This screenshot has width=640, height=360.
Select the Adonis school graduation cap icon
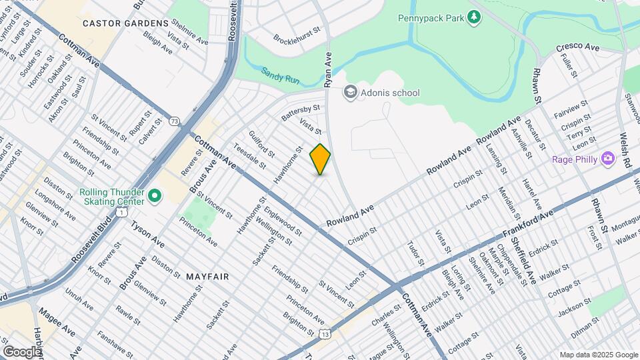click(x=350, y=93)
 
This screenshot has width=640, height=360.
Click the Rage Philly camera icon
click(x=607, y=159)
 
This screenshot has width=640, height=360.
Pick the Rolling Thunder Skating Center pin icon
click(x=154, y=196)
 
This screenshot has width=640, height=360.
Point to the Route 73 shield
click(x=175, y=121)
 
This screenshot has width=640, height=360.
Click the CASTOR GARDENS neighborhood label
click(x=125, y=23)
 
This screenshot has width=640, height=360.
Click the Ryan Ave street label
click(x=327, y=71)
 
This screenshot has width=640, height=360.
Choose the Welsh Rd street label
click(x=627, y=143)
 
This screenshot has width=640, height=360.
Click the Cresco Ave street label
click(x=578, y=46)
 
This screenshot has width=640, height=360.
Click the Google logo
click(x=21, y=351)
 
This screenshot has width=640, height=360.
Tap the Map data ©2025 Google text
click(x=598, y=355)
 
